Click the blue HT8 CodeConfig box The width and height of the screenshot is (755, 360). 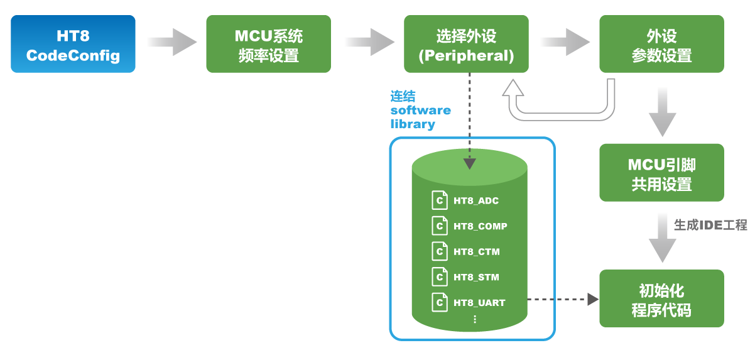tap(73, 44)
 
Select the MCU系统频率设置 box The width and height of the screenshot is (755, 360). tap(268, 44)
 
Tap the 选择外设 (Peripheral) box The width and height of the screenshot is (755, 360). tap(466, 44)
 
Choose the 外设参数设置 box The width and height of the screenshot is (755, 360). tap(661, 44)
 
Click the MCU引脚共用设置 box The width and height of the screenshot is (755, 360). tap(661, 173)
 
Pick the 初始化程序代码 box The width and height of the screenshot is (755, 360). tap(661, 299)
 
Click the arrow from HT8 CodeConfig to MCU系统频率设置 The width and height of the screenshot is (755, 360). tap(171, 42)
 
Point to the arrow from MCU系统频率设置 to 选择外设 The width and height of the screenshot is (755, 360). tap(368, 42)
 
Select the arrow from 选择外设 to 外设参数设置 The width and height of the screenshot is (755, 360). tap(564, 42)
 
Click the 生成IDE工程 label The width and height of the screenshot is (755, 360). tap(710, 225)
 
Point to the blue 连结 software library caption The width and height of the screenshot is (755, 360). tap(420, 110)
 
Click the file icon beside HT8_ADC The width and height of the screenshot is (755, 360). tap(440, 201)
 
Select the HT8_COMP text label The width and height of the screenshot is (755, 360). tap(481, 227)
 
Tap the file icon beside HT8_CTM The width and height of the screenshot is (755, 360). tap(440, 252)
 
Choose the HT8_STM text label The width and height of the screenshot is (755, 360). tap(476, 277)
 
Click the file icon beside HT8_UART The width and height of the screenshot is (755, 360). tap(440, 302)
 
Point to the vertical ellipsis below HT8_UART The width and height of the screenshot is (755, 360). tap(474, 319)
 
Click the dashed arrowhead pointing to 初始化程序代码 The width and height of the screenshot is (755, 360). tap(592, 299)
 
